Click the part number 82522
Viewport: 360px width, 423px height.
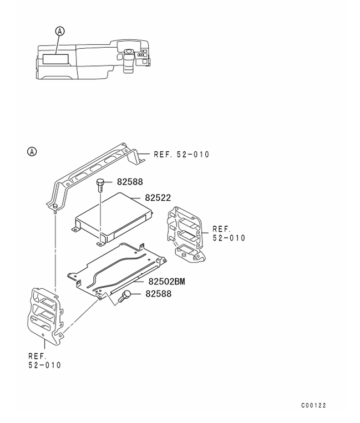click(x=158, y=197)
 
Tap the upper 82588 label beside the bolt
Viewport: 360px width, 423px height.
click(x=130, y=181)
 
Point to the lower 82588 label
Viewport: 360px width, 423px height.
click(x=158, y=293)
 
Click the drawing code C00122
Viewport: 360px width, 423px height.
click(x=313, y=405)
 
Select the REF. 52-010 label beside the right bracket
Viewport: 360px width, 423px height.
click(x=228, y=233)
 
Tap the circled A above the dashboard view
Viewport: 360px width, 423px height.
click(x=60, y=32)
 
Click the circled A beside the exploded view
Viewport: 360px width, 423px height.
click(x=32, y=151)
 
